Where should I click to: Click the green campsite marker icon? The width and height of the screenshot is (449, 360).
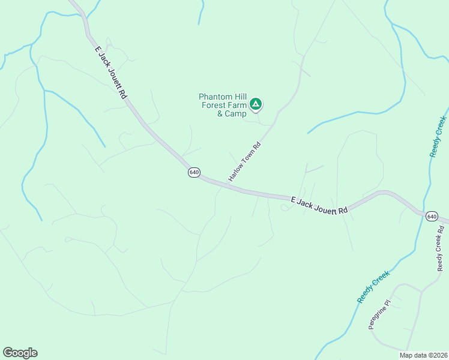[x=256, y=104]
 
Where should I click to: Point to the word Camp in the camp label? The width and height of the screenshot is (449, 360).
[x=235, y=113]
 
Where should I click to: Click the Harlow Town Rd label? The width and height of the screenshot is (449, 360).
[x=245, y=161]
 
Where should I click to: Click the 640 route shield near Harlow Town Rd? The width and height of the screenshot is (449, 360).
[x=193, y=172]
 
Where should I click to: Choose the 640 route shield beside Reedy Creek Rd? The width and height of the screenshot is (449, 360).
[x=432, y=216]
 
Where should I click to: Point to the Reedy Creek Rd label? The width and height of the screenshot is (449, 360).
[x=441, y=247]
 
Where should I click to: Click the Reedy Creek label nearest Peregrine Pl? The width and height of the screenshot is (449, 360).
[x=373, y=286]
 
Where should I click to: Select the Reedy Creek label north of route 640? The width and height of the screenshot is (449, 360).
[x=438, y=137]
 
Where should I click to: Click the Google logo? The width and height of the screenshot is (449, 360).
[x=20, y=352]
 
